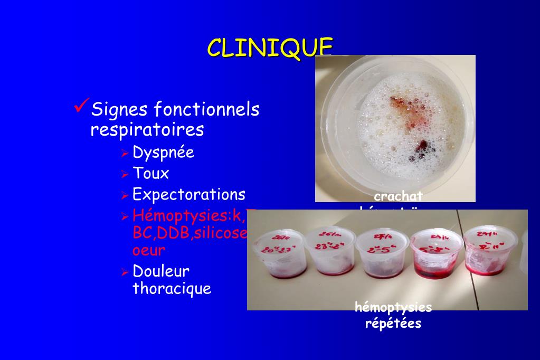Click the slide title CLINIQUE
[x=270, y=48]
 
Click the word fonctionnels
[x=206, y=110]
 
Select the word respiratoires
[x=147, y=130]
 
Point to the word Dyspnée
[x=163, y=153]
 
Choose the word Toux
[x=150, y=173]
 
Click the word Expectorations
[x=188, y=194]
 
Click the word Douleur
[x=161, y=271]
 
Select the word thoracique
[x=172, y=289]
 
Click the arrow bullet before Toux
[x=125, y=174]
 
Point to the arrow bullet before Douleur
[x=125, y=272]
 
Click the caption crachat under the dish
[x=399, y=196]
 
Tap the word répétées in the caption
[x=393, y=323]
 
